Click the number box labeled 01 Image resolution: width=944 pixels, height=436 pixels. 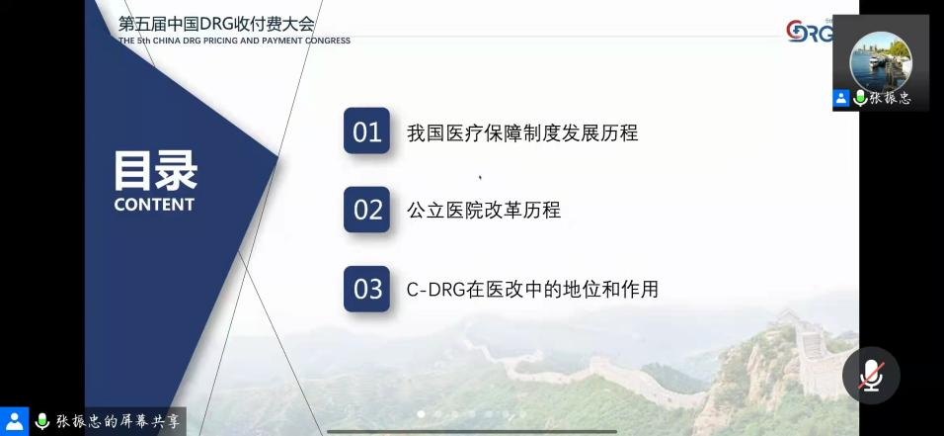366,131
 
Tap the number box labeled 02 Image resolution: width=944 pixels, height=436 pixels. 366,210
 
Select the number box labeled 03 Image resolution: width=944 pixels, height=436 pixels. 366,289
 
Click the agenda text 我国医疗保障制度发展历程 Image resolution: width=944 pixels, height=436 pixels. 522,132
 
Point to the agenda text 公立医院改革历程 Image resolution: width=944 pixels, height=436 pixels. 484,210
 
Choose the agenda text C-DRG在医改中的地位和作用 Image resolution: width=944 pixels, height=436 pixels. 532,290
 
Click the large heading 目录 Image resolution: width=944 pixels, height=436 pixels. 155,171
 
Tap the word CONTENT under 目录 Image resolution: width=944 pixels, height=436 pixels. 154,205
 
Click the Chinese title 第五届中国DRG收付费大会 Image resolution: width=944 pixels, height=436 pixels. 216,24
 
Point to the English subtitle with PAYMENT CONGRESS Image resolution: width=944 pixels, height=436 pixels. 234,41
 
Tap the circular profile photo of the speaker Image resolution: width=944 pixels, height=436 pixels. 880,60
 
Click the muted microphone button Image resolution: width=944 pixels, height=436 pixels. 871,375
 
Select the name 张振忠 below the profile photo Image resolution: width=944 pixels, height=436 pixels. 890,98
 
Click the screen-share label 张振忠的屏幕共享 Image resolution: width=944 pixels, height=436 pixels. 118,421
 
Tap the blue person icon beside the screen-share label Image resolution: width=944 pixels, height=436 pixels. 15,421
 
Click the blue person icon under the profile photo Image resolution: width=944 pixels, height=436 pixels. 841,98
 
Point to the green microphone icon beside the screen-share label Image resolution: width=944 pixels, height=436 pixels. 42,421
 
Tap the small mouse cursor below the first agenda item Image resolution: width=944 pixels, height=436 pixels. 480,177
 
